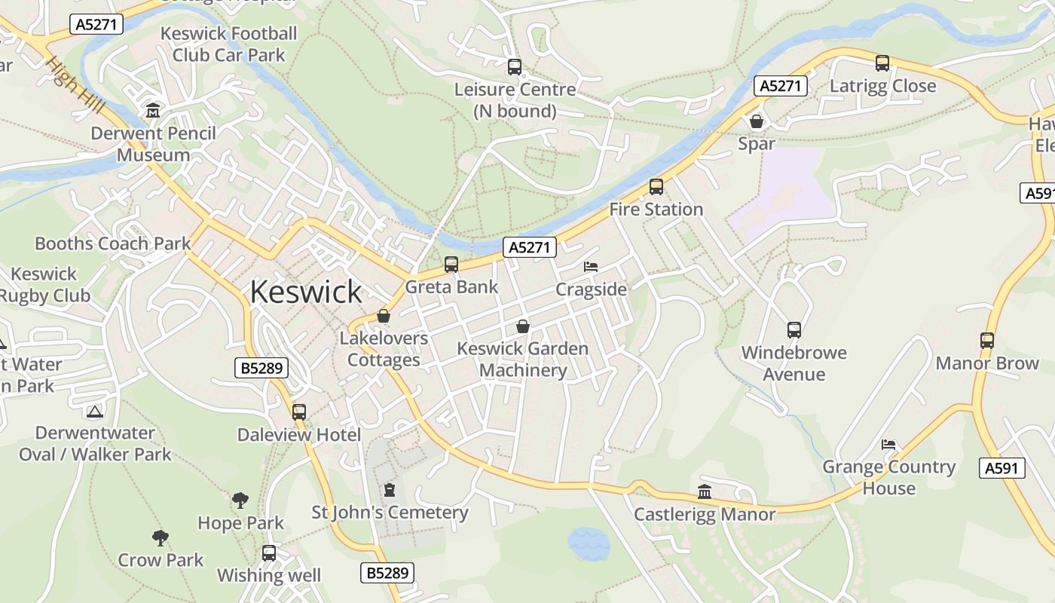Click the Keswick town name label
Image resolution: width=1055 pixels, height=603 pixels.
point(306,292)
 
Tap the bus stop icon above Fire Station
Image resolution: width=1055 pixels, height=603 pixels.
point(656,187)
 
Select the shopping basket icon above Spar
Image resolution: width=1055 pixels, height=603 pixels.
point(757,121)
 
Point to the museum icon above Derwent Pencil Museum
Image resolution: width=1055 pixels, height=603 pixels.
point(154,111)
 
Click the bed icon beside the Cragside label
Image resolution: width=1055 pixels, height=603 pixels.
point(591,268)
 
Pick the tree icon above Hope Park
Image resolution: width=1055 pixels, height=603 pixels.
point(240,500)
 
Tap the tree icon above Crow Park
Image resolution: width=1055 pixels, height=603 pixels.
point(160,537)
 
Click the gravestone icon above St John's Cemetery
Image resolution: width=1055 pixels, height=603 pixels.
point(390,490)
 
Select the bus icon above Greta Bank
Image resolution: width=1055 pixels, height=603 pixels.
point(451,265)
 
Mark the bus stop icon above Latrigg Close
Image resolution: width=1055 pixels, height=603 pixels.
point(882,63)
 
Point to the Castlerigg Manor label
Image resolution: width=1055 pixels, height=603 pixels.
point(704,514)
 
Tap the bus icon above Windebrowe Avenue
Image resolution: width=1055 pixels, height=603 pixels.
point(794,329)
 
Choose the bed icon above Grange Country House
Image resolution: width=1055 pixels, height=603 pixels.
point(888,445)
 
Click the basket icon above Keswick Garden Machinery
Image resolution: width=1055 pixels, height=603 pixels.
point(523,326)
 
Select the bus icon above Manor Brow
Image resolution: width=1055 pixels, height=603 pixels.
point(987,341)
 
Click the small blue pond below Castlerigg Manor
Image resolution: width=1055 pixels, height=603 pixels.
point(588,543)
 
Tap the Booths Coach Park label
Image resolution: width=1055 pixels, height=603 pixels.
point(113,243)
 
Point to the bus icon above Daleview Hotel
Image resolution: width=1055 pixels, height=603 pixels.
point(299,412)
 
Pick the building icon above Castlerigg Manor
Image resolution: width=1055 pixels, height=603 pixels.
point(705,492)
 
